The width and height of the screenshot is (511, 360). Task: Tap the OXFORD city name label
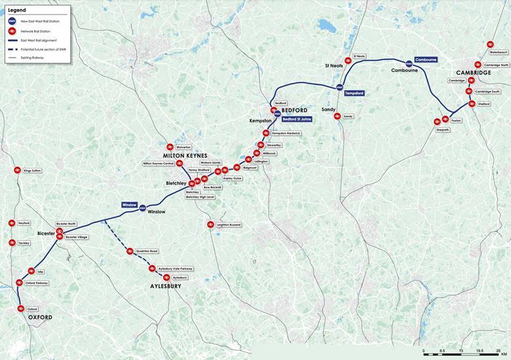pos(40,317)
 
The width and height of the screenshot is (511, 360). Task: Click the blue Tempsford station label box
pos(354,93)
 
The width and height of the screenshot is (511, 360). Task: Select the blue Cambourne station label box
pos(426,60)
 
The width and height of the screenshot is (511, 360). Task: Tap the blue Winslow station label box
pos(129,205)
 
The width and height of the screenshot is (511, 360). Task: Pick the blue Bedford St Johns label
pos(297,119)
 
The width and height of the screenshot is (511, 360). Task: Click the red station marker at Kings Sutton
pos(17,170)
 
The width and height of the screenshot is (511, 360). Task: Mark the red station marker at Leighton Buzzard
pos(211,225)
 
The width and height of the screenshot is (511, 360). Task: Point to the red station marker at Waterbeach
pos(490,45)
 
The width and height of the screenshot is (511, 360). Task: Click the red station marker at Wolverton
pos(170,147)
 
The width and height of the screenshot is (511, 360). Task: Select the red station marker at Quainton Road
pos(130,251)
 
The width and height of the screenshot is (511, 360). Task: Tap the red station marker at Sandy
pos(337,116)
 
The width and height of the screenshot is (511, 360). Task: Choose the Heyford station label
pos(24,223)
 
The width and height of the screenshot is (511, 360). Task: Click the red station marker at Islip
pos(31,270)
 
